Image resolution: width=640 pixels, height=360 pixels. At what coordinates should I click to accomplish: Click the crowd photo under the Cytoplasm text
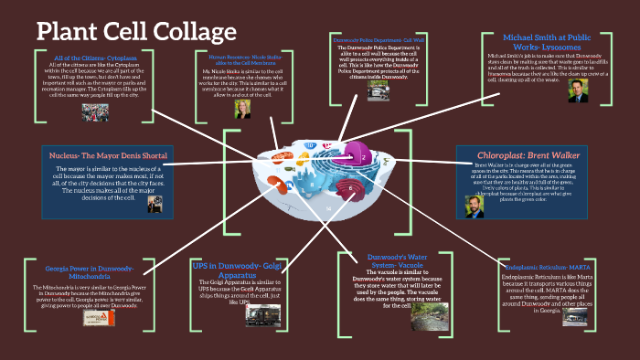95,112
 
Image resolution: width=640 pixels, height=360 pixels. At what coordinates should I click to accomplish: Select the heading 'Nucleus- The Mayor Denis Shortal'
109,156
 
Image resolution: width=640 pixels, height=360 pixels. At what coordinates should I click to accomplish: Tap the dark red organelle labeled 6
350,190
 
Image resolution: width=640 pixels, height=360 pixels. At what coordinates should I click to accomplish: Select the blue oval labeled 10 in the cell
310,146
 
